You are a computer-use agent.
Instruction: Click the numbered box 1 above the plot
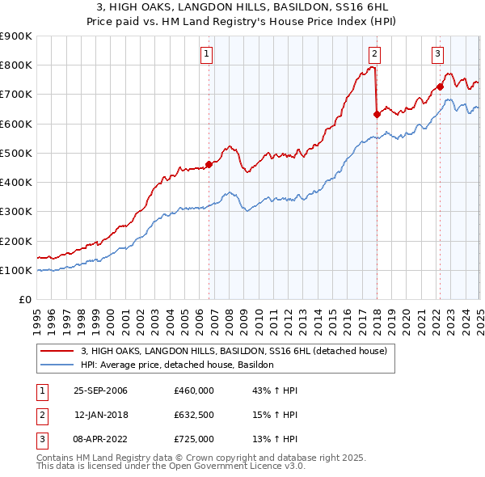(x=207, y=54)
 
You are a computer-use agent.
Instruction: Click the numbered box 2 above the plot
(x=375, y=54)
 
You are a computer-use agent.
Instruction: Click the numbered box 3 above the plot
(x=437, y=54)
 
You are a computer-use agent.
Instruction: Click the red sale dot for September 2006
(x=209, y=164)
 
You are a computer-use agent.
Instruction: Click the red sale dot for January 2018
(x=377, y=114)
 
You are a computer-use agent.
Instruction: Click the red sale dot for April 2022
(x=440, y=87)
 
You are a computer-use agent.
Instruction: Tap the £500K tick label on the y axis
(x=16, y=153)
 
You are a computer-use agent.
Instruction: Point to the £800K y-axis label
(x=16, y=65)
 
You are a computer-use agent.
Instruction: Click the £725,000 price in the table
(x=194, y=439)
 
